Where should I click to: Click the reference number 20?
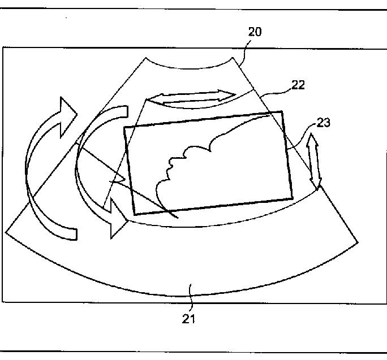pos(255,32)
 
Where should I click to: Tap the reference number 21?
pos(189,319)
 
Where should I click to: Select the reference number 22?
pos(298,85)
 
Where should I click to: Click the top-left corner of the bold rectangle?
pos(124,127)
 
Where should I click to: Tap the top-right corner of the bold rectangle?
pos(281,112)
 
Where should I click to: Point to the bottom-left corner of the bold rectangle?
pos(135,214)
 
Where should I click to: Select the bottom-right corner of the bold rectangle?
pos(293,197)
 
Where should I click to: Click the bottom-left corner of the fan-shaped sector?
pos(6,232)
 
